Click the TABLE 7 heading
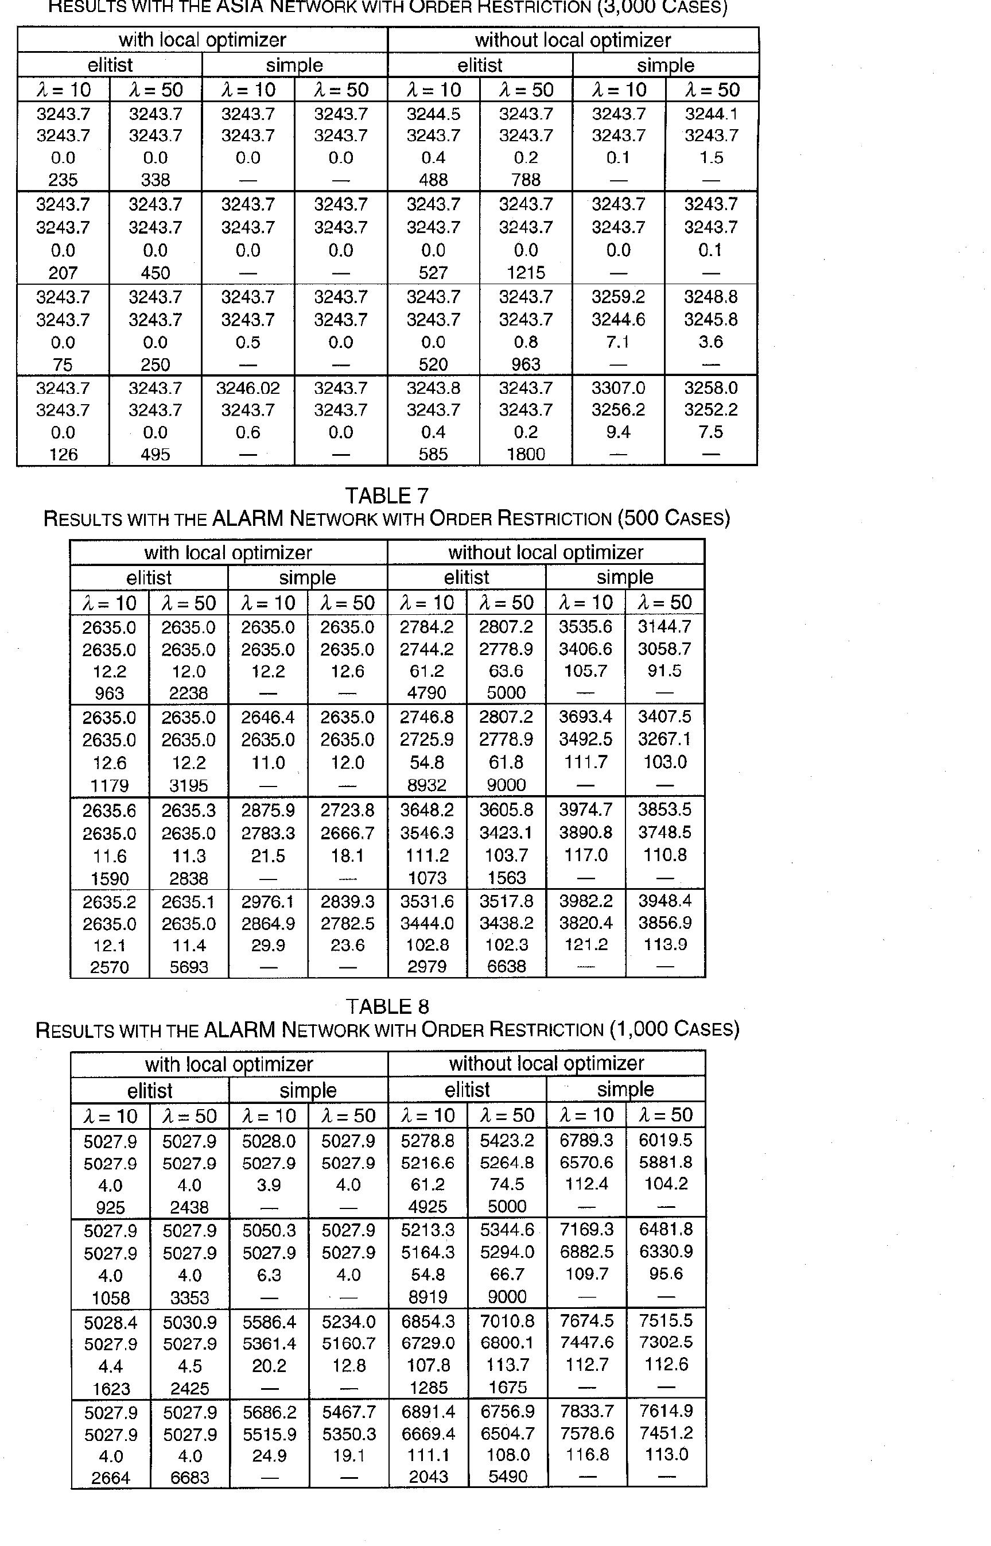[x=387, y=495]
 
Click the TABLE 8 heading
[x=387, y=1006]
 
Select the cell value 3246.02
[x=248, y=388]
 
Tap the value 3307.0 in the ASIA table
[x=618, y=388]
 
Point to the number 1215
[x=526, y=273]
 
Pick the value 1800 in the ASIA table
[x=526, y=455]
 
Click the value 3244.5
[x=433, y=114]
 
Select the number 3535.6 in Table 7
[x=585, y=627]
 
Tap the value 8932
[x=427, y=785]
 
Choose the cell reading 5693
[x=189, y=967]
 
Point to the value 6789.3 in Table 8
[x=586, y=1141]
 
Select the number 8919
[x=428, y=1297]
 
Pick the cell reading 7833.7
[x=587, y=1411]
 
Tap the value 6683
[x=190, y=1478]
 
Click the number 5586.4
[x=269, y=1322]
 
